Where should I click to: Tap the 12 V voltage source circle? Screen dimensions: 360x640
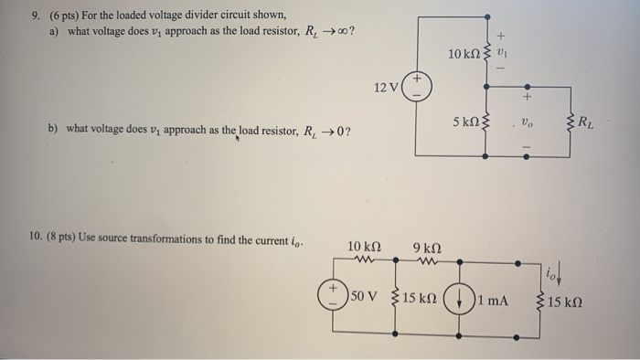[416, 87]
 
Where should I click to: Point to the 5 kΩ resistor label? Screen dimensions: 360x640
[468, 122]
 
